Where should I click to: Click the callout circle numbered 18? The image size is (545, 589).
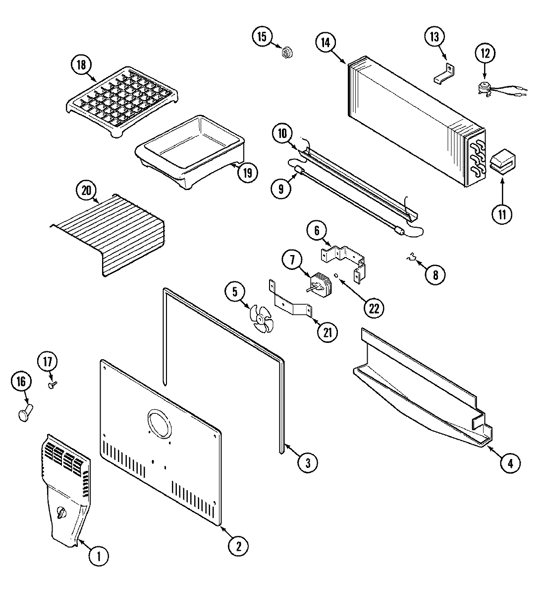click(x=81, y=65)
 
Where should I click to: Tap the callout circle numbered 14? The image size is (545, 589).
click(x=325, y=43)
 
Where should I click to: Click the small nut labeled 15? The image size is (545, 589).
click(x=286, y=52)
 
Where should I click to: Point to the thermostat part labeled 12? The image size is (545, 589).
click(x=483, y=88)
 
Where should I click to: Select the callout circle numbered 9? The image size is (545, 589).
click(x=281, y=188)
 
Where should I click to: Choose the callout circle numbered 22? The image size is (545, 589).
click(x=374, y=308)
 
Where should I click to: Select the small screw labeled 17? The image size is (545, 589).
click(x=52, y=384)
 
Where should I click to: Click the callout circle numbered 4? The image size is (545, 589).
click(x=510, y=463)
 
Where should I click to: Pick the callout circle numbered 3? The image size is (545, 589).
click(x=307, y=462)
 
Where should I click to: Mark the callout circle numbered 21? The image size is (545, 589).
click(x=327, y=332)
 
